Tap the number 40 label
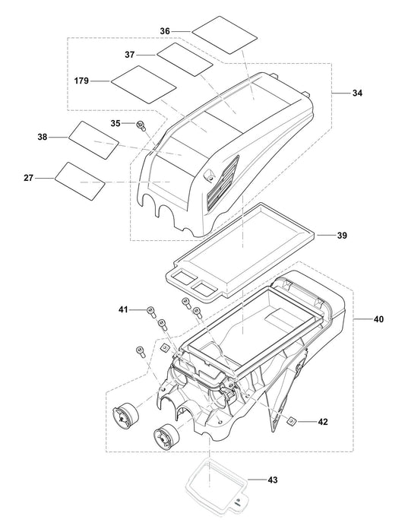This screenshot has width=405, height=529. click(x=378, y=320)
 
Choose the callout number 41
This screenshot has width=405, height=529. click(x=124, y=309)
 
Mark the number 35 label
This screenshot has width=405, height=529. click(x=115, y=122)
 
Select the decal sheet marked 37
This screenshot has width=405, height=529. click(x=184, y=59)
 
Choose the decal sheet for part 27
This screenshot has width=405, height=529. click(x=80, y=181)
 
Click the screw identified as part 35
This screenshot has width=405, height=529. click(x=141, y=125)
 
